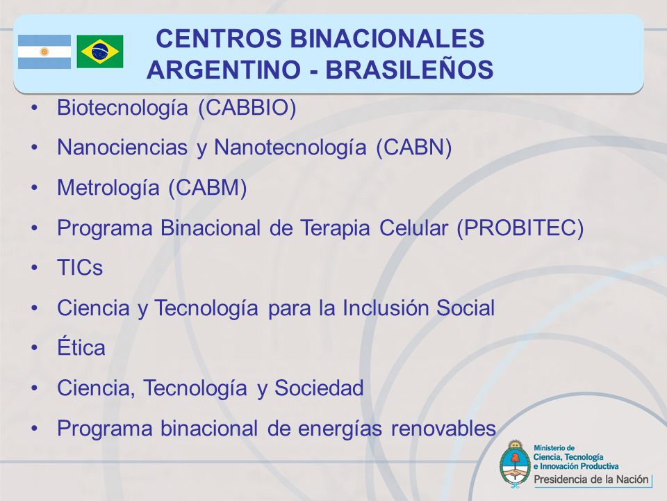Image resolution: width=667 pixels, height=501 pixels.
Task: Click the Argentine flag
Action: coord(44,51)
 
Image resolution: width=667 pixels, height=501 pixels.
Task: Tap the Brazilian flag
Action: coord(100,51)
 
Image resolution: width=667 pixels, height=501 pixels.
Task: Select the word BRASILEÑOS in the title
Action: coord(409,70)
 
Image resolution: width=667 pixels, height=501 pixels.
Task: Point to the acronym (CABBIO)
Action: coord(247,107)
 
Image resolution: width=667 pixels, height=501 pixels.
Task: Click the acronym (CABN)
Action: coord(413,148)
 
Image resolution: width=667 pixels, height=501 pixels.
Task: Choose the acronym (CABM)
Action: coord(208,187)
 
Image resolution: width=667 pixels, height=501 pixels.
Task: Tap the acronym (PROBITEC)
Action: coord(520,228)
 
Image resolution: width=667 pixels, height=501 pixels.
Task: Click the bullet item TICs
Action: coord(80,268)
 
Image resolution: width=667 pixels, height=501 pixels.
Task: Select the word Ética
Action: coord(81,347)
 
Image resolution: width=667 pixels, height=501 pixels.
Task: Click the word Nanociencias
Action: coord(122,148)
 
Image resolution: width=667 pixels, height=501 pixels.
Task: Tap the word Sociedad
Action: coord(319,388)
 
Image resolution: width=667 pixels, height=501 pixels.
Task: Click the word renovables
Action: coord(443,428)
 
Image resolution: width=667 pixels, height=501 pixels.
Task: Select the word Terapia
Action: coord(335,228)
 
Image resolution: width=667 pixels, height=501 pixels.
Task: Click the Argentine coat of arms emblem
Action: coord(515,464)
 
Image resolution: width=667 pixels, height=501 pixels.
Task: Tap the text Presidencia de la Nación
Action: coord(591,479)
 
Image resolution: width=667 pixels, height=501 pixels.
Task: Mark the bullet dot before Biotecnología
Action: coord(35,108)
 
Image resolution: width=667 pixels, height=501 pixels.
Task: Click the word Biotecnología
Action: coord(122,108)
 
